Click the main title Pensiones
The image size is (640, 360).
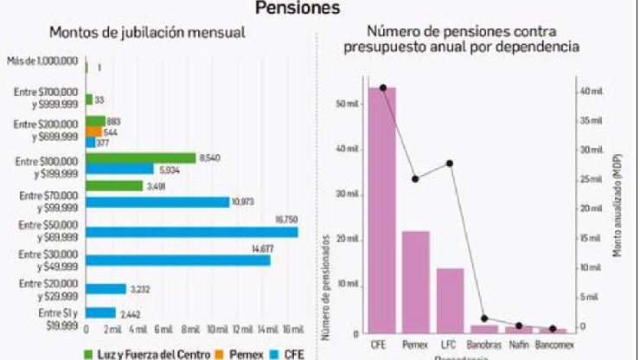tap(297, 8)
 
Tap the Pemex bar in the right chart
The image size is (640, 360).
tap(416, 281)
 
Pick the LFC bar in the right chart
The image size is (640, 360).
tap(450, 300)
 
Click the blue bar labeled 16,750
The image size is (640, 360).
tap(191, 232)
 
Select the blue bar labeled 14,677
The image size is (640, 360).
tap(177, 260)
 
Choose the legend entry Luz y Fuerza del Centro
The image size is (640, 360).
tap(138, 353)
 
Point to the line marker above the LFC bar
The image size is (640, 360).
tap(450, 164)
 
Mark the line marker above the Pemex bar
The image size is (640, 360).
tap(416, 179)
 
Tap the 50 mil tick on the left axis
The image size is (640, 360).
tap(347, 104)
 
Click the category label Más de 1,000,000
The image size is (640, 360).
tap(43, 61)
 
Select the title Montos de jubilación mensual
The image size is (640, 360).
tap(147, 33)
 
